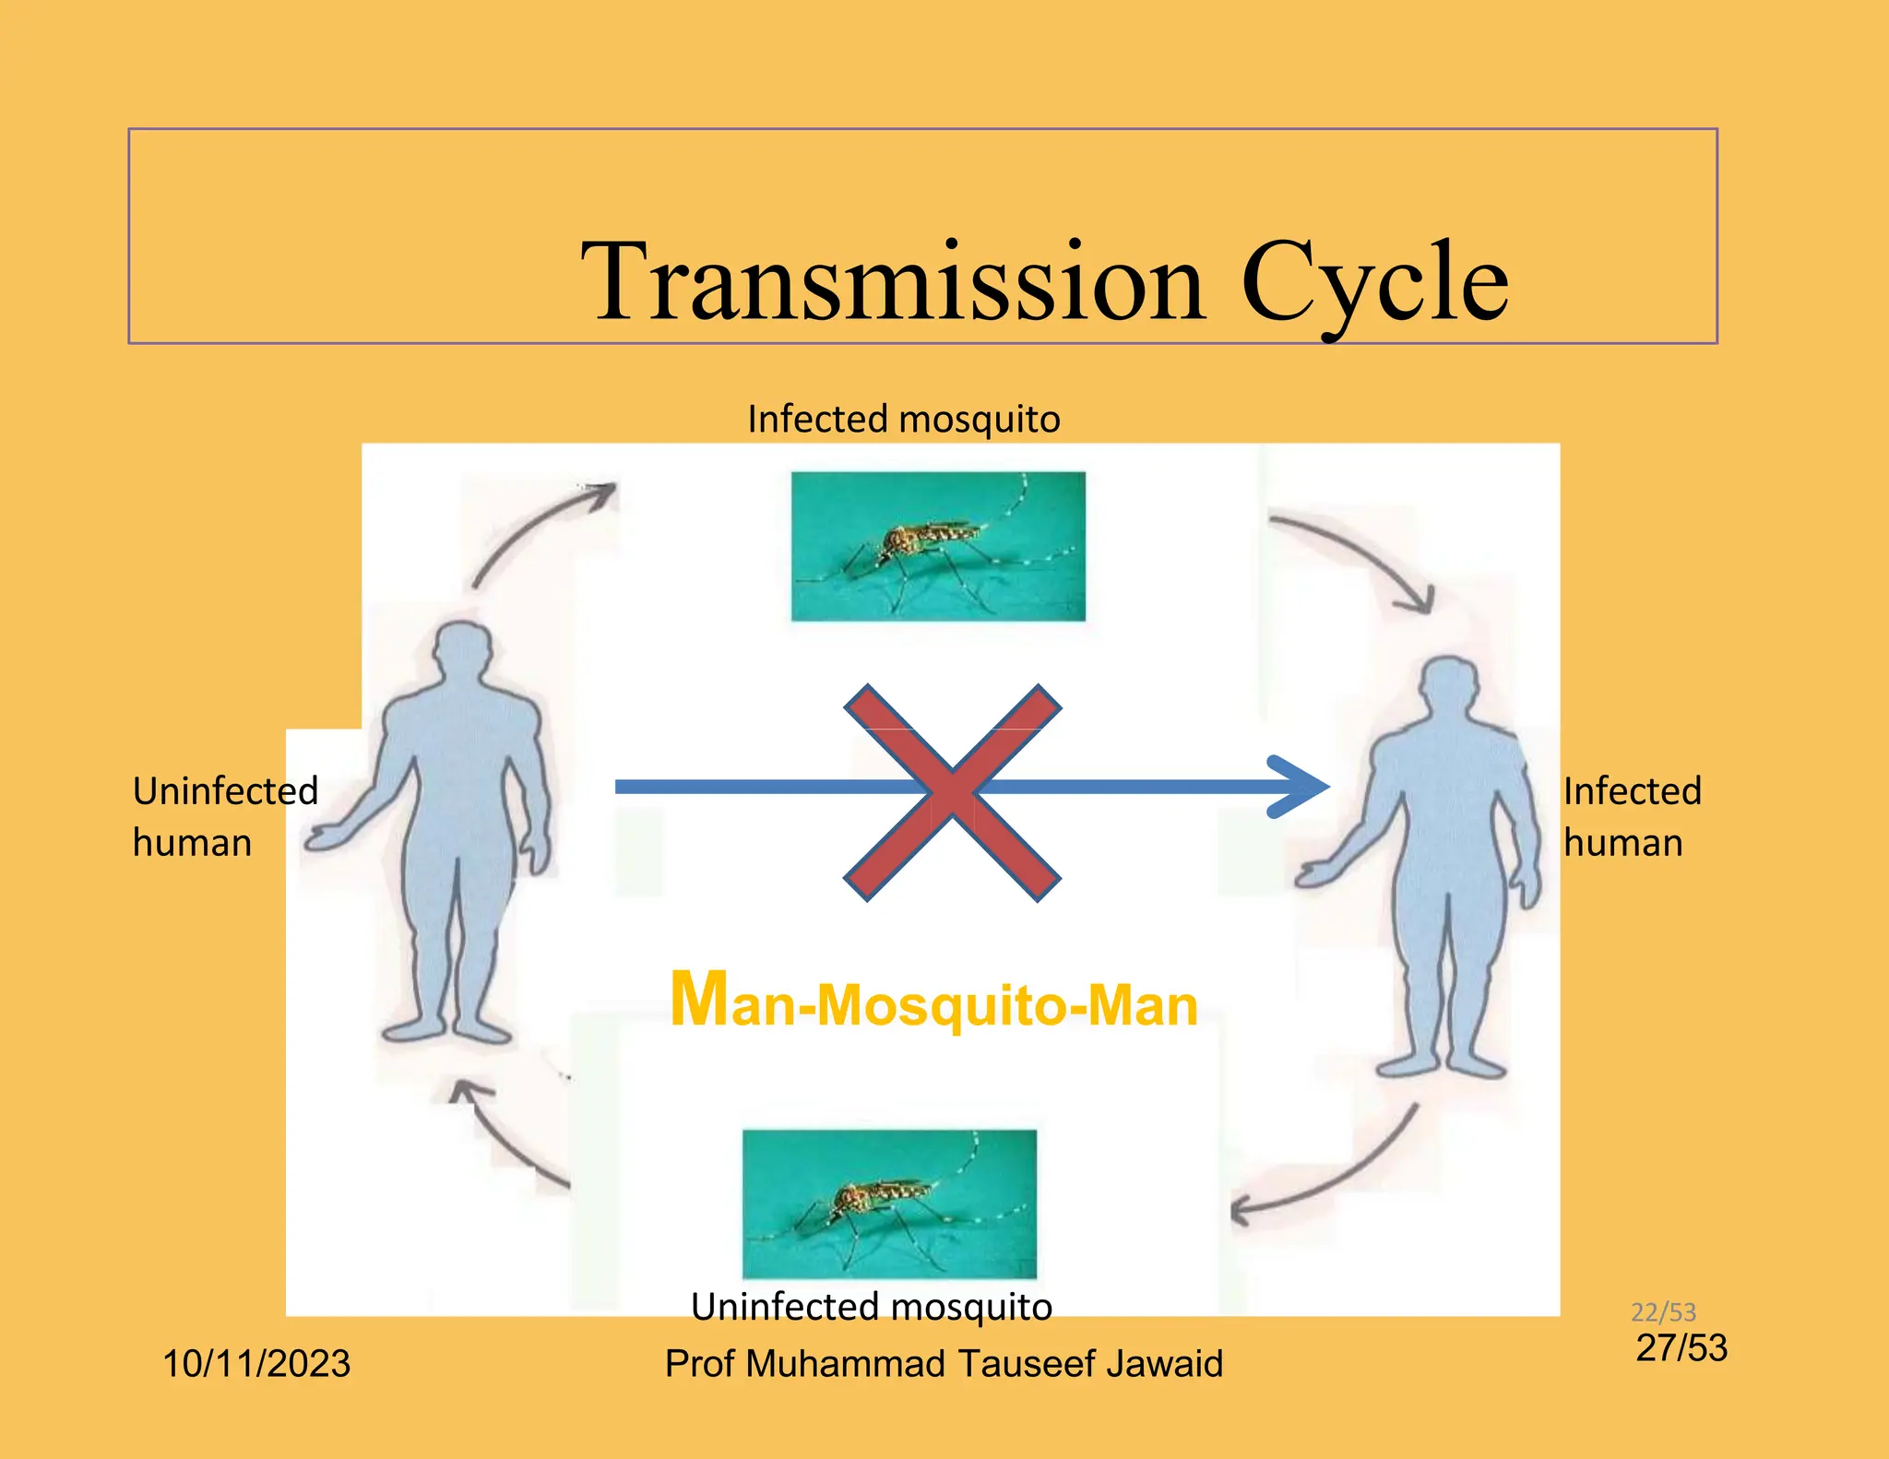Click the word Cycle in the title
click(x=1373, y=283)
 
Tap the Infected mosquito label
click(x=904, y=420)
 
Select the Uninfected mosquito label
click(x=872, y=1307)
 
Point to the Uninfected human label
click(x=225, y=816)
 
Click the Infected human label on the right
click(x=1632, y=816)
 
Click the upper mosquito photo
click(x=938, y=546)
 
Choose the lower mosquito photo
click(x=889, y=1204)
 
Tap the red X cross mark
click(x=953, y=792)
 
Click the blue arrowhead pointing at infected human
click(x=1301, y=787)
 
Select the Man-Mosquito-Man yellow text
click(x=933, y=1002)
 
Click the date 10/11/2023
click(x=256, y=1363)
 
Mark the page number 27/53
click(x=1681, y=1348)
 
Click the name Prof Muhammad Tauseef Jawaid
click(x=944, y=1363)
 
